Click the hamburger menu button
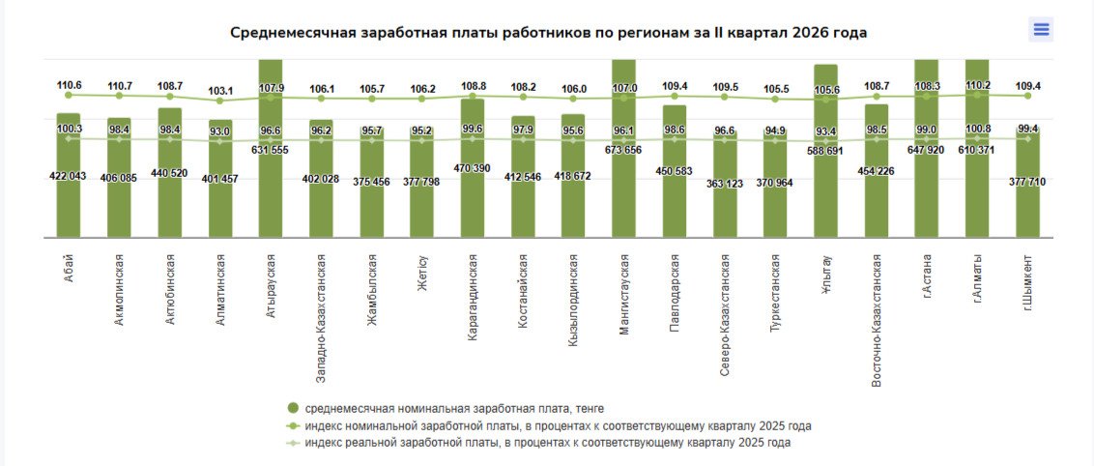[1041, 29]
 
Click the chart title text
[548, 33]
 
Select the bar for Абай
[69, 175]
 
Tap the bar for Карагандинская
[473, 168]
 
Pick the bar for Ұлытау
[825, 152]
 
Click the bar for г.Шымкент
[1027, 182]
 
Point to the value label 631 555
[270, 149]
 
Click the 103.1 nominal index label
[219, 90]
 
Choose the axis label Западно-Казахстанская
[321, 318]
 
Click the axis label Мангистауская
[623, 294]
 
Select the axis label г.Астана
[927, 277]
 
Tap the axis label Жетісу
[422, 275]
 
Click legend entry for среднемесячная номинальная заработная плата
[445, 408]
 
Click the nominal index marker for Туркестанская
[775, 99]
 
